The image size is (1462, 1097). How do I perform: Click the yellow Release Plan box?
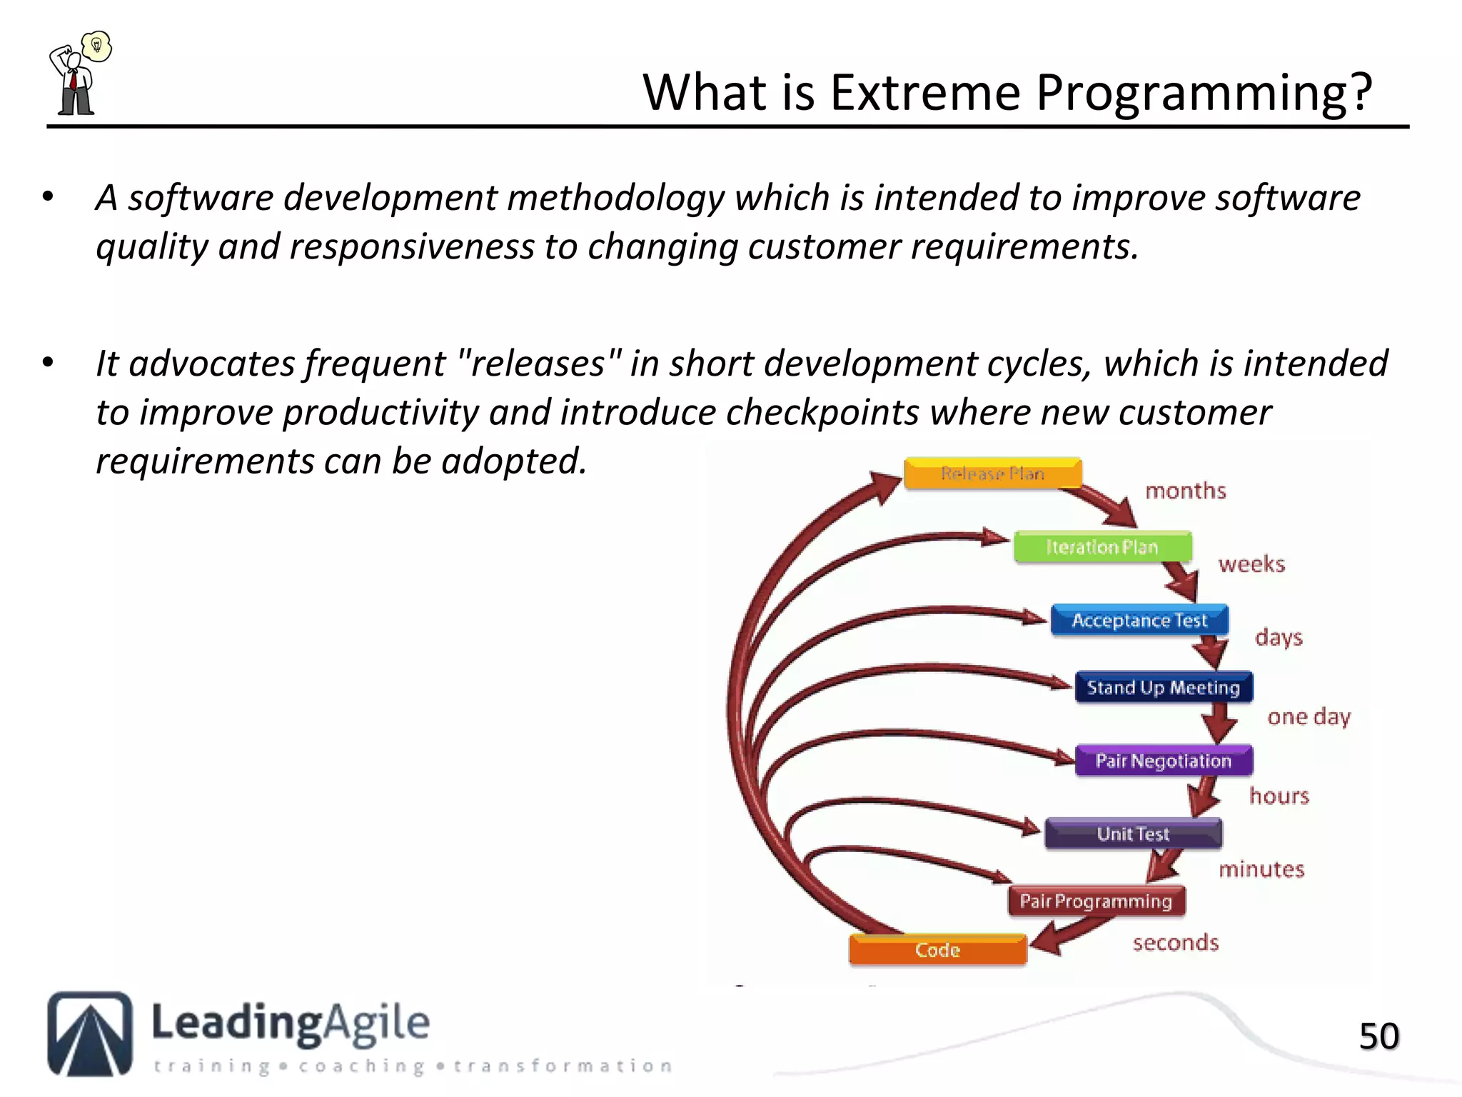point(992,474)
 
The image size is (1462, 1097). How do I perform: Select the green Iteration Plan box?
point(1102,547)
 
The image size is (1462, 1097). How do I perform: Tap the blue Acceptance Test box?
point(1139,620)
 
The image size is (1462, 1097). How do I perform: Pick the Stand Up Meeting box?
point(1164,687)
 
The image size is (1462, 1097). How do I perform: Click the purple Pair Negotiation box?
point(1164,761)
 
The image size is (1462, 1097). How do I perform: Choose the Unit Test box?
point(1133,833)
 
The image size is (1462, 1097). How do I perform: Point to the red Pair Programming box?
point(1096,901)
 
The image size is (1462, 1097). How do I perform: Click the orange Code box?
point(937,950)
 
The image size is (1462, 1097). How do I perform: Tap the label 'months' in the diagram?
point(1186,491)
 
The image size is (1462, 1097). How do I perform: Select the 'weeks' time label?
point(1251,564)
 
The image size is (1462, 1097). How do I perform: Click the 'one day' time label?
point(1309,716)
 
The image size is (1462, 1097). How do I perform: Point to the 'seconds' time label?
point(1176,943)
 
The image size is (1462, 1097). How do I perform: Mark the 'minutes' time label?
point(1261,869)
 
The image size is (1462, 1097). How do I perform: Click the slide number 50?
point(1378,1036)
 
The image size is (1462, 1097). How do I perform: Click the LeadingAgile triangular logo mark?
point(90,1033)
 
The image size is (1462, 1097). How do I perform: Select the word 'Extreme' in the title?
point(925,93)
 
